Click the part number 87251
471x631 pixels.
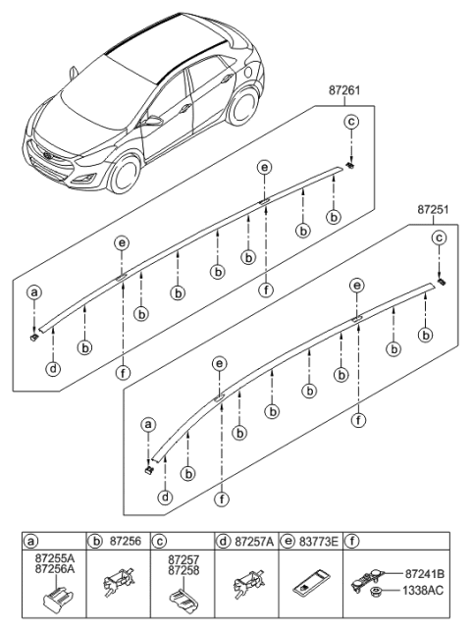(432, 209)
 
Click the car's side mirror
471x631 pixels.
(155, 123)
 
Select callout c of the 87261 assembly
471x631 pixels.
(351, 123)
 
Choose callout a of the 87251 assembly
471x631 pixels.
(149, 425)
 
